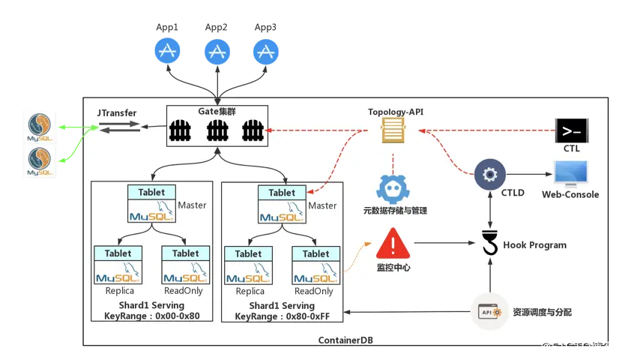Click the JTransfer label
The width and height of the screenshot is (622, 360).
click(x=117, y=112)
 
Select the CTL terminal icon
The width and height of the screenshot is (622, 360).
click(x=571, y=131)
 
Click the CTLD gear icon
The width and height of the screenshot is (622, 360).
click(x=490, y=175)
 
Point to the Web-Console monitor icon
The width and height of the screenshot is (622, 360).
click(x=570, y=174)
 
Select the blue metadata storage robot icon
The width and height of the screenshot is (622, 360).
click(x=393, y=188)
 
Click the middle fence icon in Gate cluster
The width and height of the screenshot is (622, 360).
click(x=217, y=132)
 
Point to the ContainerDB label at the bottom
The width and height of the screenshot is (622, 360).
click(x=345, y=340)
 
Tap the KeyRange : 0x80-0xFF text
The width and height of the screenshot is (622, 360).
click(x=282, y=316)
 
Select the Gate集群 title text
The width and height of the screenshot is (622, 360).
click(x=217, y=112)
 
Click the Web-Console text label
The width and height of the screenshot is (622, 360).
click(x=570, y=195)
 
